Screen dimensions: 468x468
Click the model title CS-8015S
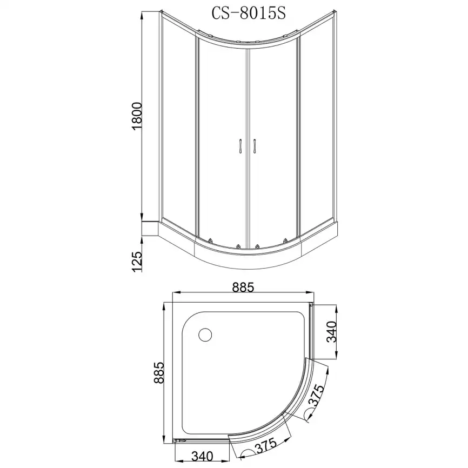click(x=249, y=14)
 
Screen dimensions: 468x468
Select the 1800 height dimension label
click(x=137, y=116)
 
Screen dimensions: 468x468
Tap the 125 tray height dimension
click(x=137, y=262)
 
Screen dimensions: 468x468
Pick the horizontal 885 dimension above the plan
click(x=243, y=288)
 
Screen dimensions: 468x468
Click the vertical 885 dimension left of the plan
click(x=159, y=373)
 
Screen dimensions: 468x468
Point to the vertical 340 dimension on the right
click(x=332, y=332)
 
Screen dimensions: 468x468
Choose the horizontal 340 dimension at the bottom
click(x=202, y=456)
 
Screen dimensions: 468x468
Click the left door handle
click(x=240, y=146)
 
